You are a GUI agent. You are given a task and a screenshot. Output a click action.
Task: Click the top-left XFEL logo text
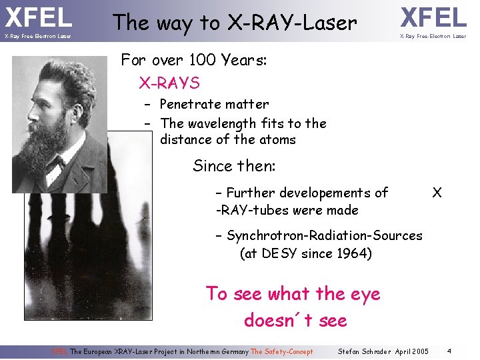[38, 17]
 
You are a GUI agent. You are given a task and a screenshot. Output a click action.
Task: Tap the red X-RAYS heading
[169, 83]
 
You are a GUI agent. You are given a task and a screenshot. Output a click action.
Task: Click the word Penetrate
[191, 104]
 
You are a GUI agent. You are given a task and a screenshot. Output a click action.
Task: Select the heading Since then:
[234, 165]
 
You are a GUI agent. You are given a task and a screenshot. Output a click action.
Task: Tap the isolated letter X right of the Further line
[437, 193]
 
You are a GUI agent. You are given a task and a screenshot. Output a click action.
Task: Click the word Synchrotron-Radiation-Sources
[325, 235]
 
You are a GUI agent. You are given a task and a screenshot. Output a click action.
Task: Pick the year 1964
[355, 253]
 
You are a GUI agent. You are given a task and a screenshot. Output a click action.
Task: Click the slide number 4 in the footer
[450, 351]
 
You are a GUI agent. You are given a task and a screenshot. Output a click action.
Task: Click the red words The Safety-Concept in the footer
[281, 351]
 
